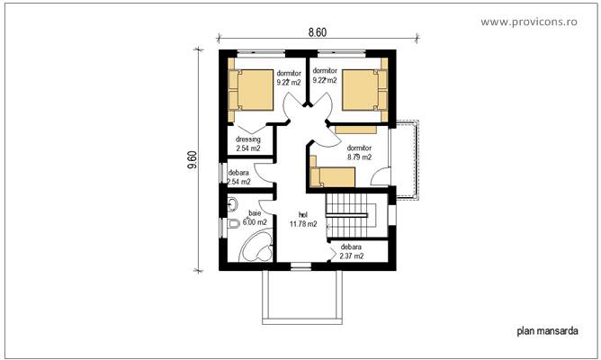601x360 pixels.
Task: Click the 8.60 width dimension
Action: point(317,31)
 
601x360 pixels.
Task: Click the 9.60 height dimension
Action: point(192,158)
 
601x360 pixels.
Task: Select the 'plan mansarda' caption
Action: point(547,331)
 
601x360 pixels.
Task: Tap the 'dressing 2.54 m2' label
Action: point(248,144)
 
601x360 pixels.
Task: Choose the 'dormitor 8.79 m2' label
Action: point(358,153)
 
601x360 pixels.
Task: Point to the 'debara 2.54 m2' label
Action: point(239,177)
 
